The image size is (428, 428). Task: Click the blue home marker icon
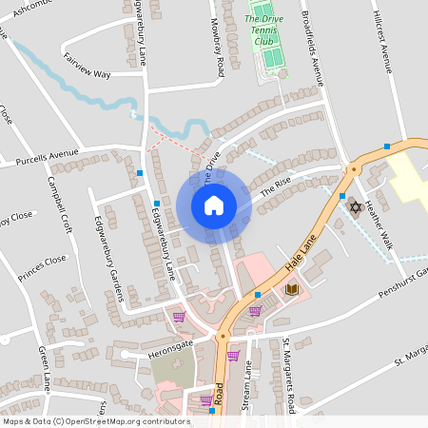point(213,205)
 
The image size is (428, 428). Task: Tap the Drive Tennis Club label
point(270,29)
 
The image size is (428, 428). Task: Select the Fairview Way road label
point(88,66)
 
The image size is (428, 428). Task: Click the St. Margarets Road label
point(290,374)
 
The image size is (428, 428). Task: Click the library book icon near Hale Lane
point(292,288)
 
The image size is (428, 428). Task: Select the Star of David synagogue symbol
point(356,205)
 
